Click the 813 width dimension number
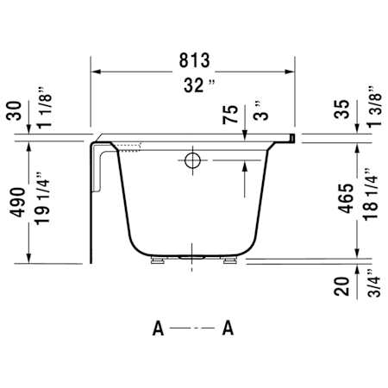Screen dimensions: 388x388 195,60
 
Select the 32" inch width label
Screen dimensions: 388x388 199,85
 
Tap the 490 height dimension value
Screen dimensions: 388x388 17,203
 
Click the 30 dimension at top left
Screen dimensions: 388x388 14,110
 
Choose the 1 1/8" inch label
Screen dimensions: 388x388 45,107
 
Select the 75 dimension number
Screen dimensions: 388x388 230,115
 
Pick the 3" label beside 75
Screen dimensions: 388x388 260,111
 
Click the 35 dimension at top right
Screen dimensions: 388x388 341,110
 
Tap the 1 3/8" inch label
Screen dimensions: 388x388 374,106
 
